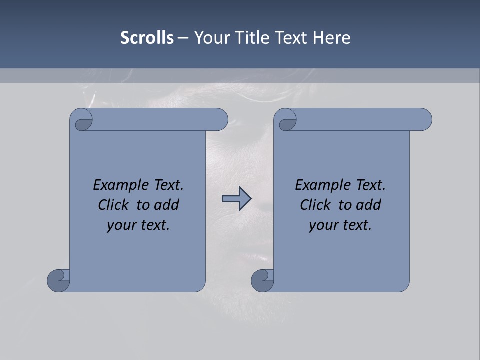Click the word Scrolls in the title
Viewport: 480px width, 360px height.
pos(147,38)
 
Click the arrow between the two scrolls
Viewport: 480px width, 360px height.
pos(236,199)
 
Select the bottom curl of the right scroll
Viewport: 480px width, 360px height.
pos(262,280)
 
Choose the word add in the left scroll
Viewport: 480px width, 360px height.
pos(166,205)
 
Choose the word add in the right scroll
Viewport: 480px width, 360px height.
pos(368,205)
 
